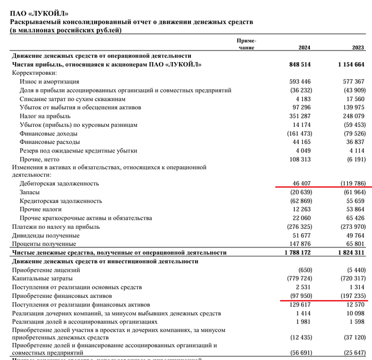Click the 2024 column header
coord(304,48)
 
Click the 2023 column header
coord(358,48)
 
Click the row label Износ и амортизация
coord(49,82)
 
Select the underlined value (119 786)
coord(351,183)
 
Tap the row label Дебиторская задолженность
coord(60,183)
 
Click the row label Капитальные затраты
coord(46,278)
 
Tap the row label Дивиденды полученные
coord(46,235)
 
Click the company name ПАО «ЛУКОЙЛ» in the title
coord(39,13)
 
